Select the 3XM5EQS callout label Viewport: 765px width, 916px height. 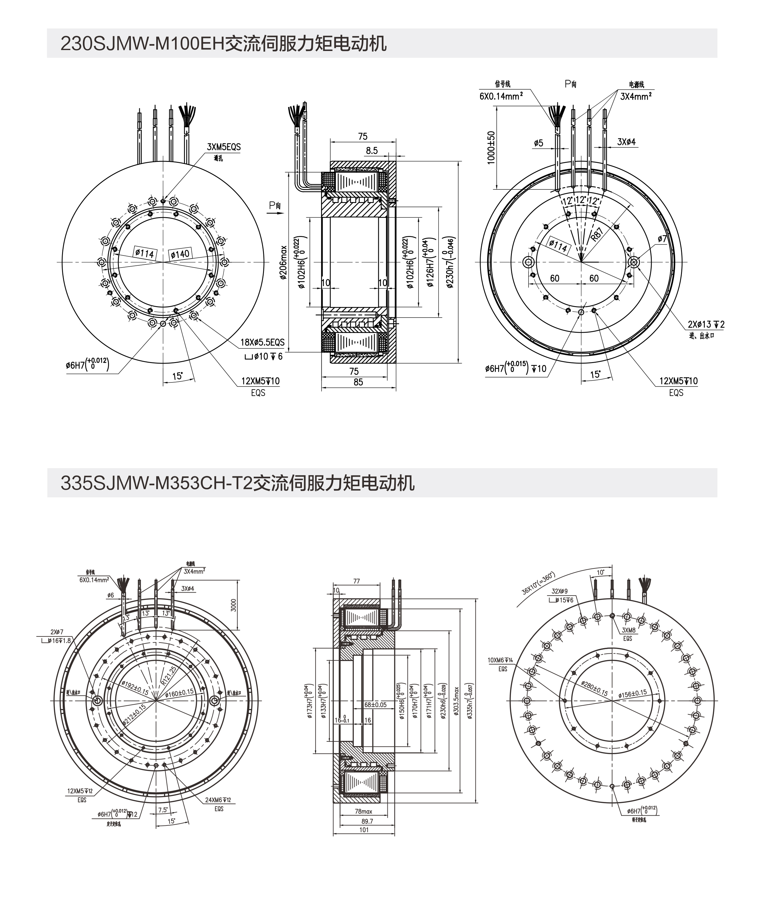(x=224, y=147)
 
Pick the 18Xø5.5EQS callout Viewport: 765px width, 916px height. (x=262, y=342)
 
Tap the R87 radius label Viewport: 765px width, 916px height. (x=597, y=235)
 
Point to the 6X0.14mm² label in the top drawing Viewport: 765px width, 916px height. (x=501, y=96)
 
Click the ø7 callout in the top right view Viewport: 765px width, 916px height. (x=662, y=239)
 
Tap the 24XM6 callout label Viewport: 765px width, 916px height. (x=218, y=800)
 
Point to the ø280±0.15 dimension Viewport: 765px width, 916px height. (x=594, y=688)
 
